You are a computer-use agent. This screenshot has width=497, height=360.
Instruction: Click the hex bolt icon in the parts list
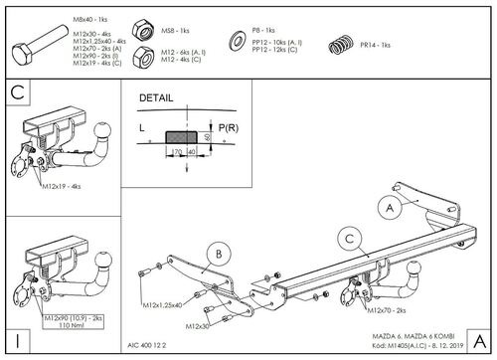[x=26, y=49]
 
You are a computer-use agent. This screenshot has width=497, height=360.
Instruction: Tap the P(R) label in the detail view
[x=229, y=129]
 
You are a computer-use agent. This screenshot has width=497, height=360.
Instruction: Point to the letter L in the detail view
[x=142, y=130]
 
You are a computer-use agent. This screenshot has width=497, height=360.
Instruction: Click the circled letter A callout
[x=388, y=207]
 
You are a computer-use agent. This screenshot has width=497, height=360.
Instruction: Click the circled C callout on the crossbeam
[x=348, y=237]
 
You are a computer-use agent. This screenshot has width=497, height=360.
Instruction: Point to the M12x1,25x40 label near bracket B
[x=161, y=306]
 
